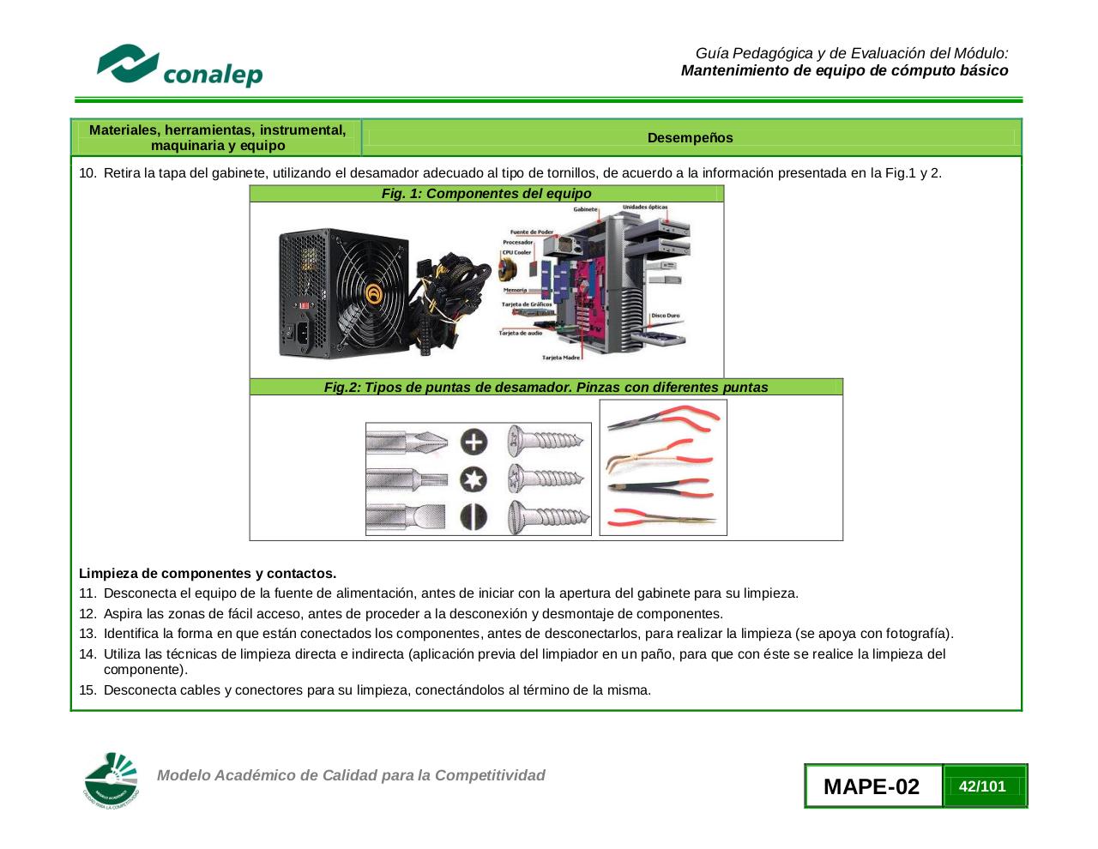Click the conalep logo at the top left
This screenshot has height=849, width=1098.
pyautogui.click(x=179, y=66)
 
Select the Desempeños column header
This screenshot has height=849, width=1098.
pyautogui.click(x=690, y=137)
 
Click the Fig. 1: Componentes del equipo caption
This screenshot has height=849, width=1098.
pyautogui.click(x=486, y=194)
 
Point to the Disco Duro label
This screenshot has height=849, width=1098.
pyautogui.click(x=665, y=316)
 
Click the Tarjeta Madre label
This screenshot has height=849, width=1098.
pyautogui.click(x=561, y=358)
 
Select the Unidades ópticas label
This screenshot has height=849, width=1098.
pyautogui.click(x=644, y=208)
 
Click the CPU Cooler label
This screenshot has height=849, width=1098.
pyautogui.click(x=516, y=252)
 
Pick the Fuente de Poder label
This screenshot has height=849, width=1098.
pyautogui.click(x=532, y=232)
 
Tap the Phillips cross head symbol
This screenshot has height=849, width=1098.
pyautogui.click(x=474, y=442)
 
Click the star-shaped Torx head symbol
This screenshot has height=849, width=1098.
pyautogui.click(x=474, y=479)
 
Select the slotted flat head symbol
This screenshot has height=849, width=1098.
pyautogui.click(x=474, y=517)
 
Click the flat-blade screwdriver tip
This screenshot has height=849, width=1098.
pyautogui.click(x=407, y=517)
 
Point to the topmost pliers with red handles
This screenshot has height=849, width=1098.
pyautogui.click(x=665, y=418)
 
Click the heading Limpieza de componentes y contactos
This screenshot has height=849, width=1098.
pyautogui.click(x=208, y=573)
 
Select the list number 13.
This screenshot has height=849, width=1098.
pyautogui.click(x=87, y=634)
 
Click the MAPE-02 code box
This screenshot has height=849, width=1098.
pyautogui.click(x=872, y=786)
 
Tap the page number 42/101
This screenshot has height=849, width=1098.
pyautogui.click(x=983, y=786)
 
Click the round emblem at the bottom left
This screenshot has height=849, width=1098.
pyautogui.click(x=112, y=780)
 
